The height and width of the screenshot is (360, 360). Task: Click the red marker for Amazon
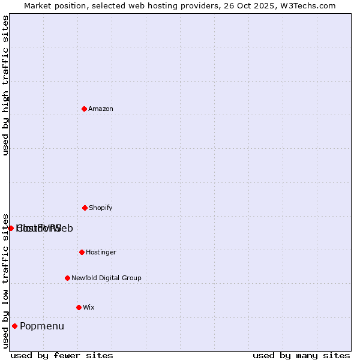click(x=84, y=109)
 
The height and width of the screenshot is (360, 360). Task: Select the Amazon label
click(x=101, y=109)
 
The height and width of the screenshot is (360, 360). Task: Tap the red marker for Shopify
click(x=85, y=208)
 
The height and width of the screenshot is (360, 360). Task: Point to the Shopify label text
click(x=101, y=208)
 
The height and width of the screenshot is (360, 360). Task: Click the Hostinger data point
click(x=82, y=252)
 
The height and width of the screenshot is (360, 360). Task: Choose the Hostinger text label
click(x=101, y=252)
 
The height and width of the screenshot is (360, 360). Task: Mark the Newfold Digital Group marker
click(x=67, y=278)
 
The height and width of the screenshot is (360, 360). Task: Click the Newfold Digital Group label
click(x=106, y=278)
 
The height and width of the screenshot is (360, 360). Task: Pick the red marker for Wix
click(x=79, y=307)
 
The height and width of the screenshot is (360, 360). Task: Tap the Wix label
click(x=89, y=307)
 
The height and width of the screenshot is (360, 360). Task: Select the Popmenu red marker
click(x=14, y=326)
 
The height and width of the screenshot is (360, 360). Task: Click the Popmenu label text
click(x=42, y=326)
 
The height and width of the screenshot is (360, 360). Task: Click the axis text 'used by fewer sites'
click(x=62, y=355)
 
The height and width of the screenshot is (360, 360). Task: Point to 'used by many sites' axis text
click(x=301, y=355)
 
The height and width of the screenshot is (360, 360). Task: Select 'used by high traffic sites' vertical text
click(x=5, y=85)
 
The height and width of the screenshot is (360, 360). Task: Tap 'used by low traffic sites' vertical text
click(x=5, y=280)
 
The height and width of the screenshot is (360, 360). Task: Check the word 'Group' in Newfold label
click(x=131, y=278)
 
